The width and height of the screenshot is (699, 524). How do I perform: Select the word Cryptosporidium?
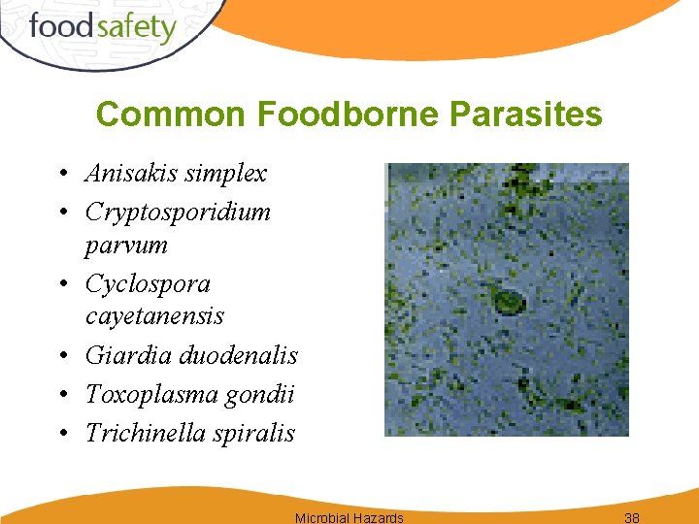coord(178,212)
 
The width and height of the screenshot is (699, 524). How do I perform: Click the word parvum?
coord(126,245)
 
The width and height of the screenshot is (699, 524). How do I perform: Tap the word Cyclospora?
coord(148,284)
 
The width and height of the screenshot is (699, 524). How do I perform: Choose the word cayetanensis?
coord(154,316)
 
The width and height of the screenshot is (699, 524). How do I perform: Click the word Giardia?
coord(121,356)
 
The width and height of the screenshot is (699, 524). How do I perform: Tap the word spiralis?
coord(254,433)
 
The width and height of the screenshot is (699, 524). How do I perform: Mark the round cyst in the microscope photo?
coord(506,301)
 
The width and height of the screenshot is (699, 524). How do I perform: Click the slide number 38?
coord(632,517)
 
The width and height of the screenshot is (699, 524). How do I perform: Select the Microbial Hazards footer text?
coord(349,517)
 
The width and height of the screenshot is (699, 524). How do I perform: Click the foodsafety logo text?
coord(102,26)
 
